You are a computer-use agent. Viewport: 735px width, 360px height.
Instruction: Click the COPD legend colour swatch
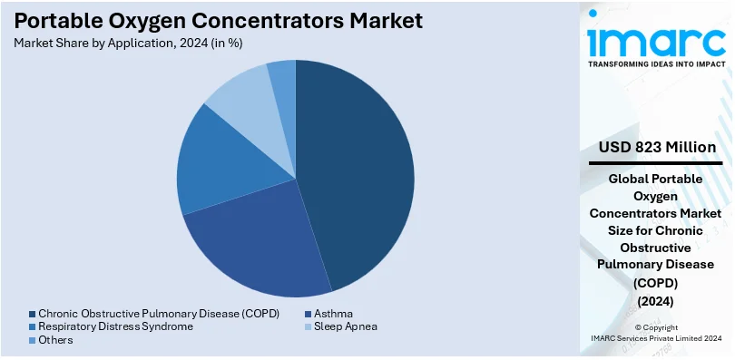(32, 314)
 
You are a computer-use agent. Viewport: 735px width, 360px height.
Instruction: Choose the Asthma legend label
(333, 313)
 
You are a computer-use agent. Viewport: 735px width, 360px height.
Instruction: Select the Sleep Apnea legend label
(346, 326)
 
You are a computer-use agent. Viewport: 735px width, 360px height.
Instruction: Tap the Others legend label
(55, 340)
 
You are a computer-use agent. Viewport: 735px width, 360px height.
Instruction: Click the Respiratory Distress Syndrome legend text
(115, 326)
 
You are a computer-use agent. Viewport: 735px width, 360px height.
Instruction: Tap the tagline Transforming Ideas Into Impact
(656, 64)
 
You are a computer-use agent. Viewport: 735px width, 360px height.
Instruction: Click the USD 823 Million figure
(657, 148)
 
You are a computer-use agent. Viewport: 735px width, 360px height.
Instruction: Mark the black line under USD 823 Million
(655, 163)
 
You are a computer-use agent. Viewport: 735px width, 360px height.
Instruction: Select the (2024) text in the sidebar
(655, 301)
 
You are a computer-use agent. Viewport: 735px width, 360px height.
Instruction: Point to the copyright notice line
(656, 327)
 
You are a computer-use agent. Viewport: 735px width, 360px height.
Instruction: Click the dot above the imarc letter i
(593, 13)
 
